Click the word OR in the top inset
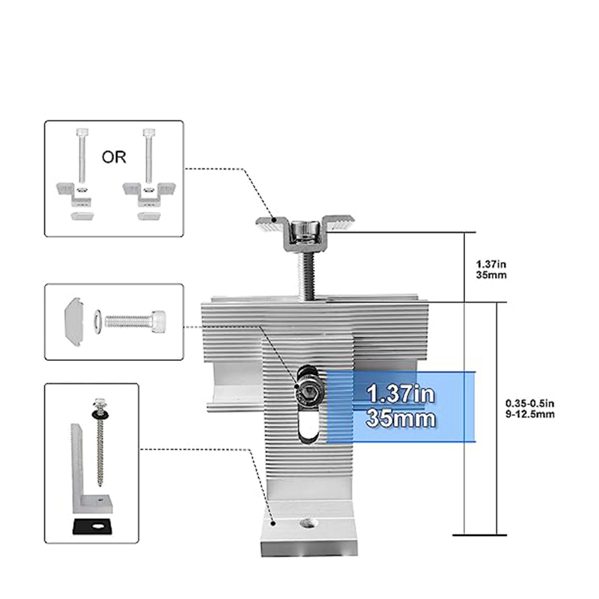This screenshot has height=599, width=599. (x=114, y=157)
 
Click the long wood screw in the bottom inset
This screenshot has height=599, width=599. (x=100, y=442)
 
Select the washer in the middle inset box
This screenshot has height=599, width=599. (x=97, y=322)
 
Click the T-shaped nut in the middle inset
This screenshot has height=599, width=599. (x=74, y=322)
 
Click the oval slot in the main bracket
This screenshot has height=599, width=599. (x=310, y=424)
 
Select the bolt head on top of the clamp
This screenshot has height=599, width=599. (x=305, y=231)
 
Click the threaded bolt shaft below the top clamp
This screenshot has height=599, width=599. (x=306, y=274)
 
